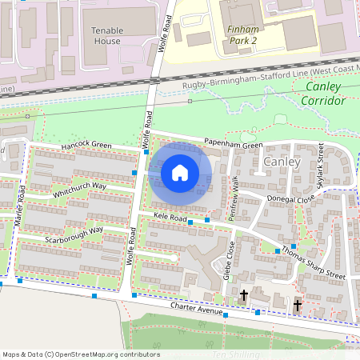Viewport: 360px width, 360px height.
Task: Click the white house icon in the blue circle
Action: tap(180, 172)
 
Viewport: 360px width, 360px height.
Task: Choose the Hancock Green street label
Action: tap(86, 147)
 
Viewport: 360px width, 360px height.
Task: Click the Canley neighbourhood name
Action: tap(281, 162)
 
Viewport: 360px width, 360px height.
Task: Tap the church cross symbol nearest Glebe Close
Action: tap(244, 296)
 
